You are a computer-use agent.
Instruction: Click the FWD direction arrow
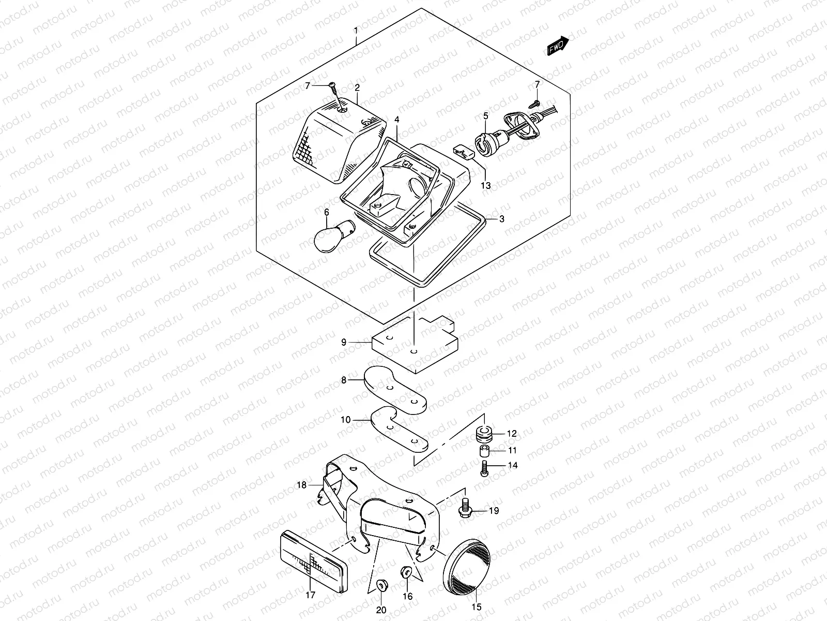coord(558,46)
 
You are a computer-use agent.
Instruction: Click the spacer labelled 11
coord(484,450)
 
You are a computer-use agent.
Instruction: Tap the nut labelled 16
coord(406,572)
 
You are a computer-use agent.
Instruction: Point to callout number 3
coord(501,219)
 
